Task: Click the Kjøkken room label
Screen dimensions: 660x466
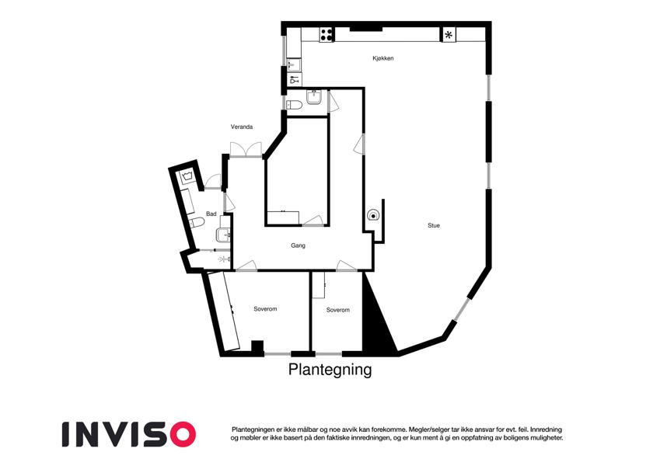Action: click(x=382, y=58)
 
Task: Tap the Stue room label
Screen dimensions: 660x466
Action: click(x=434, y=225)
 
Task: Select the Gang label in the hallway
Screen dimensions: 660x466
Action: click(x=298, y=245)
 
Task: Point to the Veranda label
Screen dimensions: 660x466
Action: click(x=242, y=127)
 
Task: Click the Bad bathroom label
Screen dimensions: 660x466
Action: click(x=211, y=214)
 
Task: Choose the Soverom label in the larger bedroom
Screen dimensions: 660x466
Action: click(x=265, y=309)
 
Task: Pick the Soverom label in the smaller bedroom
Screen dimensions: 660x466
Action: click(x=338, y=310)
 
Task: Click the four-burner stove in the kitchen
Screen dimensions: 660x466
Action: click(x=327, y=34)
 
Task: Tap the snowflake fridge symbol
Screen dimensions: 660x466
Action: click(x=449, y=35)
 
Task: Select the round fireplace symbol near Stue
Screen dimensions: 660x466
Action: click(x=372, y=216)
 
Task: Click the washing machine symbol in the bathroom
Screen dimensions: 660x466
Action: click(x=187, y=176)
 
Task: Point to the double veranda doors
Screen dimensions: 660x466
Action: click(x=246, y=149)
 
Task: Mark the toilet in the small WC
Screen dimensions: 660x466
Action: click(x=293, y=105)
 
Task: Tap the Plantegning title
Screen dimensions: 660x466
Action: click(x=330, y=370)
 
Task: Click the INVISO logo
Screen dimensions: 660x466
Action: click(x=129, y=434)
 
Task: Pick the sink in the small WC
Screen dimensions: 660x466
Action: click(x=314, y=97)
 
